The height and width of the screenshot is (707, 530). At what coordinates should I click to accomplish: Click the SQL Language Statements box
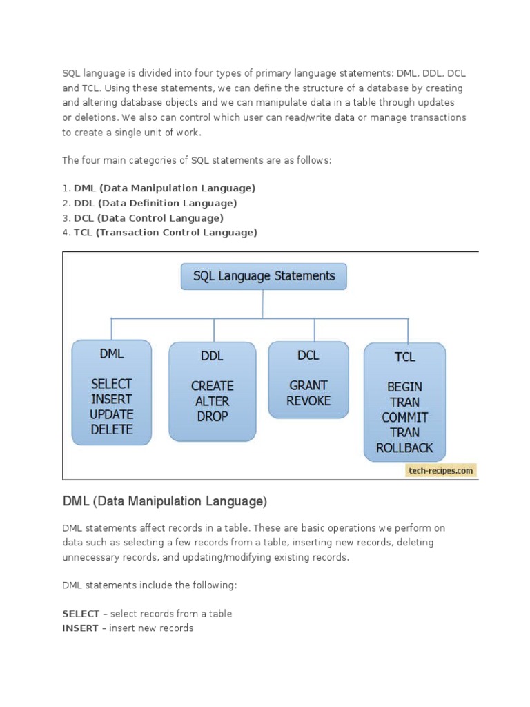click(x=264, y=276)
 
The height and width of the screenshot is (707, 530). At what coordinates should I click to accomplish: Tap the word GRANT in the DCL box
click(x=308, y=385)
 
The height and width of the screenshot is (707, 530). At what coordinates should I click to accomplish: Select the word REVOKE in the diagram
click(x=308, y=400)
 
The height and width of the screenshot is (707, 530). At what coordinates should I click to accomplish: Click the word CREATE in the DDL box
click(x=213, y=386)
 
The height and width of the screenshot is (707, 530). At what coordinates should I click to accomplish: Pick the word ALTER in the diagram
click(x=213, y=401)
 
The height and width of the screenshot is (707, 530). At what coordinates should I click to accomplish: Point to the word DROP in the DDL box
click(x=213, y=416)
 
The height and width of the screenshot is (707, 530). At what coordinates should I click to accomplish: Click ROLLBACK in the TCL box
click(x=404, y=447)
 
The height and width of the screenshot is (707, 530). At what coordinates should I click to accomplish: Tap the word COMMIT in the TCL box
click(x=404, y=417)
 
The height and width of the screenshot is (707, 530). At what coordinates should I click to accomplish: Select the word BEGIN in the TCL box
click(x=404, y=387)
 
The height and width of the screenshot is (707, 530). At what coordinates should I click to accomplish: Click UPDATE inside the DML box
click(x=111, y=414)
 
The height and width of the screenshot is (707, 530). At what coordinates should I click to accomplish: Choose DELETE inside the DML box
click(x=111, y=429)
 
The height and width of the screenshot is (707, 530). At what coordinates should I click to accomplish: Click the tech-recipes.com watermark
click(x=441, y=470)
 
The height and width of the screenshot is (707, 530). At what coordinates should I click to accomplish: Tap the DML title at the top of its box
click(x=111, y=353)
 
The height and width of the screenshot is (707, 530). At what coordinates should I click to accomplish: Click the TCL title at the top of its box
click(x=404, y=357)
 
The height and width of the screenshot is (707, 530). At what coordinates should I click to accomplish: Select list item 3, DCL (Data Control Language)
click(x=148, y=217)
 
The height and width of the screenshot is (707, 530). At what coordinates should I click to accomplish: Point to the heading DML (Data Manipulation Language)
click(x=164, y=501)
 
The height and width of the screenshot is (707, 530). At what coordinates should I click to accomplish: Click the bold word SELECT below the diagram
click(x=81, y=613)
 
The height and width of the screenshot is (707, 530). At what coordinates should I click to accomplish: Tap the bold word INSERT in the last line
click(x=80, y=628)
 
